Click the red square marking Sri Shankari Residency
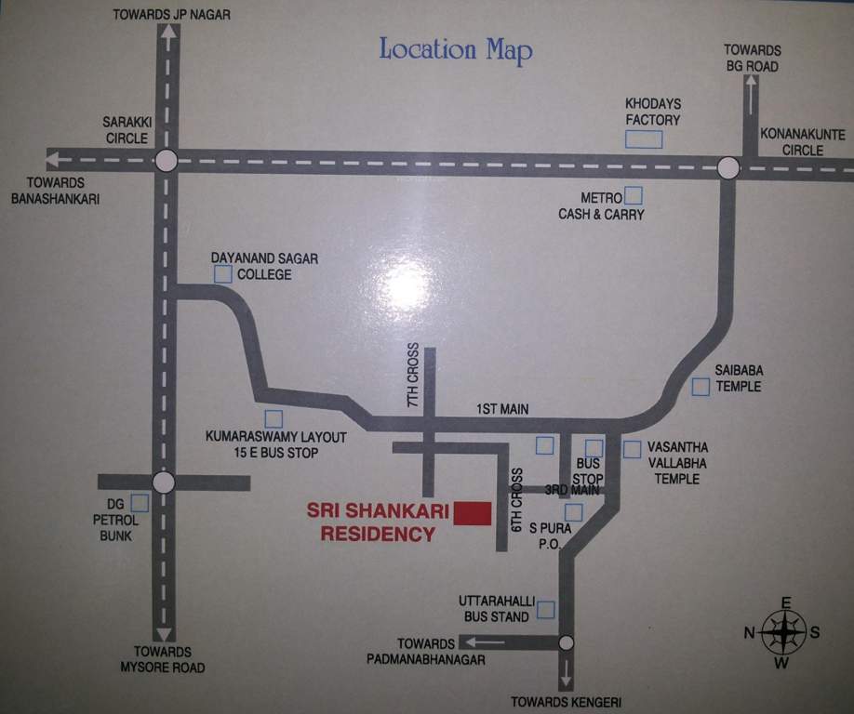pos(474,513)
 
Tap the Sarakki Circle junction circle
pos(166,161)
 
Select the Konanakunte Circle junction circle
pos(728,167)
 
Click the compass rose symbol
pos(783,633)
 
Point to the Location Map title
pos(455,49)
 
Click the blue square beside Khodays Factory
pos(644,139)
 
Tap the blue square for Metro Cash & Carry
pos(634,195)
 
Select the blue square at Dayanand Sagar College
pos(223,273)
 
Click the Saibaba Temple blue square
pos(701,386)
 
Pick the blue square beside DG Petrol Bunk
pos(140,503)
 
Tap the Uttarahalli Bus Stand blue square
pos(545,610)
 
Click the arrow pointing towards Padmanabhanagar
pos(485,641)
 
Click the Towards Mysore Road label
pos(162,659)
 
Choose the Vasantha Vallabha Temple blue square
pos(633,449)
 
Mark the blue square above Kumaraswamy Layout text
pos(274,419)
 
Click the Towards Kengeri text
pos(567,702)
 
